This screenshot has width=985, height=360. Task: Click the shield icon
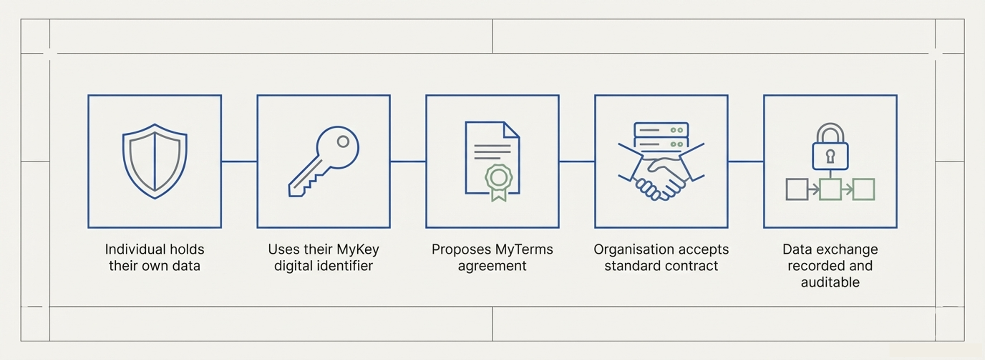(x=154, y=161)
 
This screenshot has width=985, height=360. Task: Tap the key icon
(x=324, y=161)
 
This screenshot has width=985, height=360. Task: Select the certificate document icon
(x=492, y=158)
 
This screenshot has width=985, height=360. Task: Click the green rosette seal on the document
(x=498, y=178)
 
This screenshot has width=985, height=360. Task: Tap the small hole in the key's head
(x=343, y=142)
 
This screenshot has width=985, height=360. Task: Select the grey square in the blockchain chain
(x=797, y=189)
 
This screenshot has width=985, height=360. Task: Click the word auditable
(x=830, y=282)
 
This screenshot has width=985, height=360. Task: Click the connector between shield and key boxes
(x=239, y=161)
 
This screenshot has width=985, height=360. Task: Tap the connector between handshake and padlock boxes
(x=746, y=161)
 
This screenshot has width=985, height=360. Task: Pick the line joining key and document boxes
(x=408, y=161)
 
